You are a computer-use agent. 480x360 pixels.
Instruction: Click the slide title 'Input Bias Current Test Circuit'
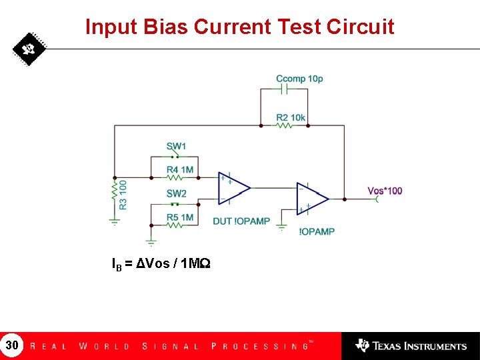tap(240, 27)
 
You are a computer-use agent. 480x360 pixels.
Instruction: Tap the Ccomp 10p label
tap(299, 79)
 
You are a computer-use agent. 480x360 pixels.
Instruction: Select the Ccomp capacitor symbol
tap(284, 89)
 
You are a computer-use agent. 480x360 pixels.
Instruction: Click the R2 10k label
tap(291, 118)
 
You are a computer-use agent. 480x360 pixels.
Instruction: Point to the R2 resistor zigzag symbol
tap(284, 125)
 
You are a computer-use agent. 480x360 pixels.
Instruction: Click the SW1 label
tap(177, 146)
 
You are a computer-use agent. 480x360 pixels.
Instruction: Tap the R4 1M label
tap(180, 170)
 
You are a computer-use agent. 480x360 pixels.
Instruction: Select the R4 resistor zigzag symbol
tap(173, 177)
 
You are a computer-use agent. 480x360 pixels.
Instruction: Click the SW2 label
tap(177, 193)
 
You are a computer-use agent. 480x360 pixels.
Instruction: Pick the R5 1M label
tap(180, 217)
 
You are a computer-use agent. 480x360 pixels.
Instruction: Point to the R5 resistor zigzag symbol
tap(173, 225)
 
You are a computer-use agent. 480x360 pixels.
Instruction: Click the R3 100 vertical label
tap(123, 194)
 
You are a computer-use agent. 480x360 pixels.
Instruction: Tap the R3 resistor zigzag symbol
tap(114, 193)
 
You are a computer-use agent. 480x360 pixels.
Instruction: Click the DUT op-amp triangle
tap(233, 188)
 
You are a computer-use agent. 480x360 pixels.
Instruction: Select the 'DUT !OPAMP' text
tap(241, 221)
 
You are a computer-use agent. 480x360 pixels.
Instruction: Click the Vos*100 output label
tap(385, 191)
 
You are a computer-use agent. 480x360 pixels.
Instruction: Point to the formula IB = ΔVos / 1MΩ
tap(161, 264)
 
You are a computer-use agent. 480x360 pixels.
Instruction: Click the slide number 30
tap(12, 345)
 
